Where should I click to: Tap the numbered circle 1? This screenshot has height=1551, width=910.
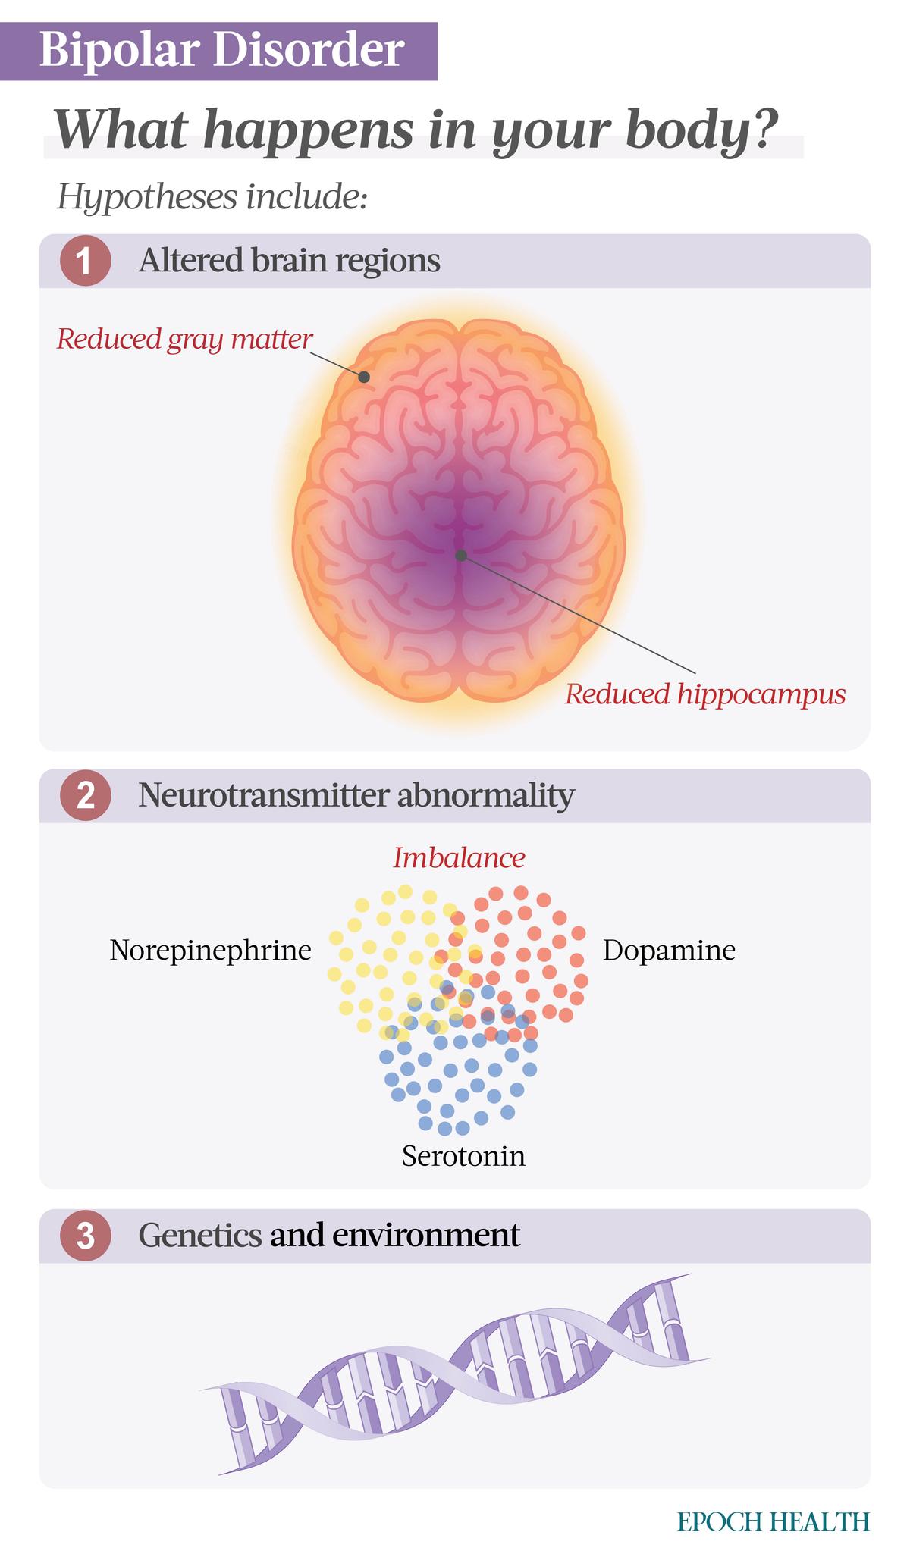86,262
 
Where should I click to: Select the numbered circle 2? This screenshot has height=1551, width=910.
86,797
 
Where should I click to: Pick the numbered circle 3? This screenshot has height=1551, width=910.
86,1236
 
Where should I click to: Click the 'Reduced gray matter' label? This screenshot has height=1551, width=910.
184,339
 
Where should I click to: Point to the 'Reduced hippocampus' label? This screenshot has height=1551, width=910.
704,694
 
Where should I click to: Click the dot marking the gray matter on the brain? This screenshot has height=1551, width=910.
365,377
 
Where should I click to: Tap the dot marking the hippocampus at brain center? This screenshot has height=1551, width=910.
460,555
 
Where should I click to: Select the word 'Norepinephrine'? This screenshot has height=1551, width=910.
210,951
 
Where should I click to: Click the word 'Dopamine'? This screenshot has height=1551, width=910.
669,951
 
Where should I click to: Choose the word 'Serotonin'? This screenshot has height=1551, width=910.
463,1157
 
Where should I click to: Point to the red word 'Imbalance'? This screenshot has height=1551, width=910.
459,858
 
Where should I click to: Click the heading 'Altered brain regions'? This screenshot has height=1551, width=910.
289,261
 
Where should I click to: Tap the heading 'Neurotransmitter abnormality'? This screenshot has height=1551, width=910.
356,796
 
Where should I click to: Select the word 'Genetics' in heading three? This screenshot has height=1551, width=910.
199,1236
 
